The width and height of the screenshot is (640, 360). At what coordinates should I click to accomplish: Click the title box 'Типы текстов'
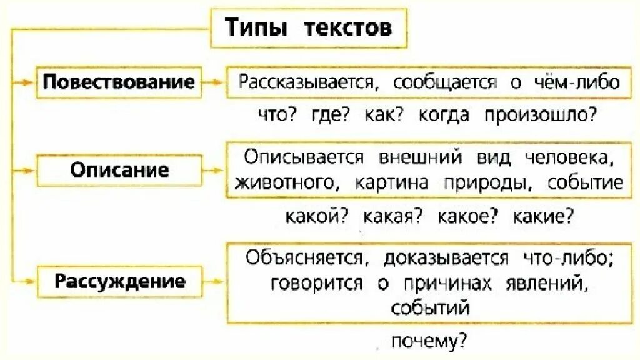pyautogui.click(x=308, y=28)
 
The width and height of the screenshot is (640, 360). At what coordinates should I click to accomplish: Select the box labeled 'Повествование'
pyautogui.click(x=119, y=82)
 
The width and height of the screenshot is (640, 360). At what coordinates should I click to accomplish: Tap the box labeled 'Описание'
pyautogui.click(x=119, y=169)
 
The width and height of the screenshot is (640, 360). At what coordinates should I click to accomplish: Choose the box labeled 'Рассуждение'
pyautogui.click(x=119, y=281)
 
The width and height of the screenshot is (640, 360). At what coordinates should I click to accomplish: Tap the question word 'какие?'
pyautogui.click(x=544, y=216)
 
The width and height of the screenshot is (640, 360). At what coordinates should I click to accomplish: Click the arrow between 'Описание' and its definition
pyautogui.click(x=214, y=169)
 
